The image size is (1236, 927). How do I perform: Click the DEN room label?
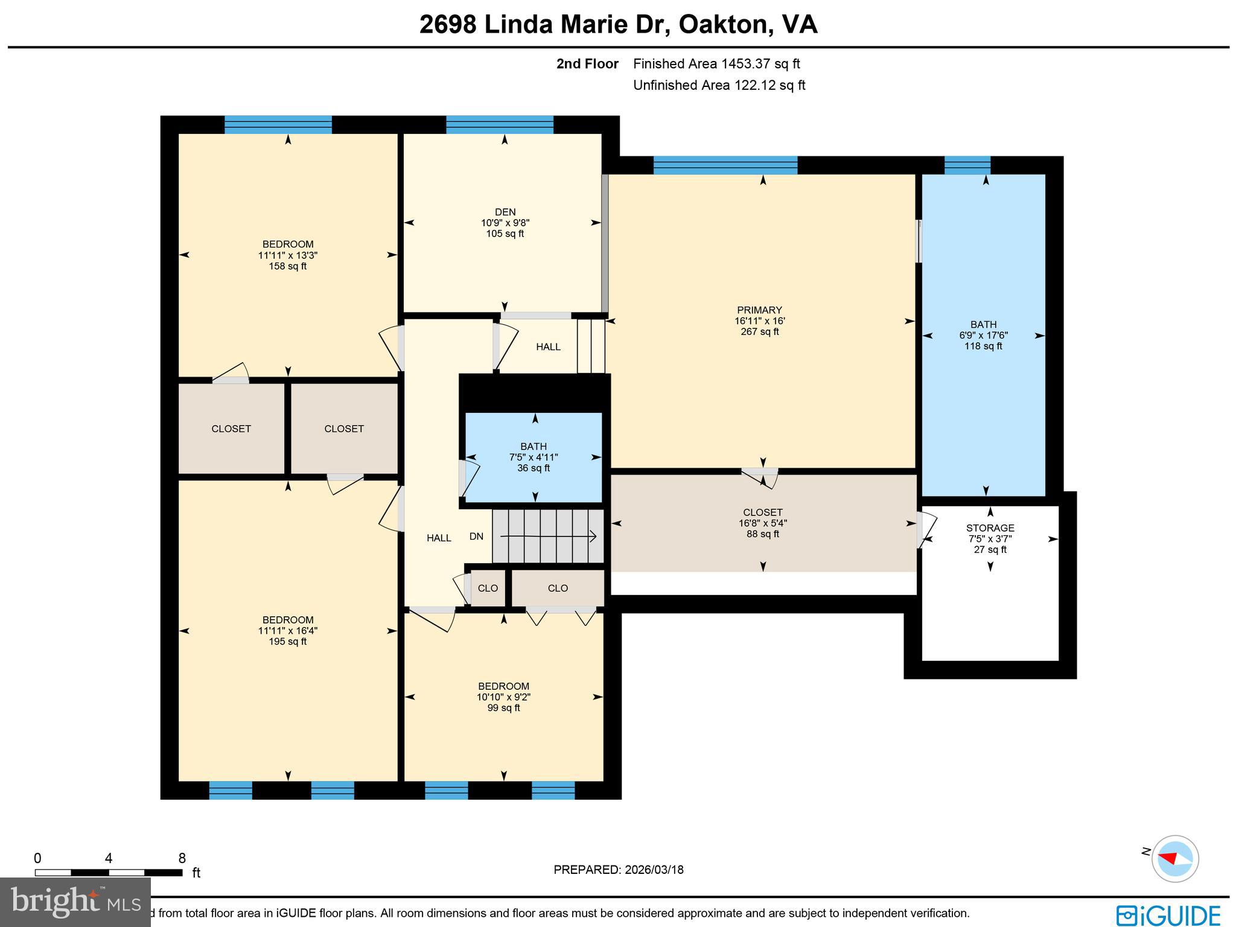tap(505, 212)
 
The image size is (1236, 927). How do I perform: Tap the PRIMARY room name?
tap(759, 310)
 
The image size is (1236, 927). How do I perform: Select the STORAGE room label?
tap(990, 528)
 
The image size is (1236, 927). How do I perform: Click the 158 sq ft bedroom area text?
tap(288, 266)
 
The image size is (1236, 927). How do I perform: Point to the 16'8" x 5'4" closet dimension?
tap(763, 523)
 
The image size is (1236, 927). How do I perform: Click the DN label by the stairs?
tap(476, 537)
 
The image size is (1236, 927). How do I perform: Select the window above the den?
tap(499, 125)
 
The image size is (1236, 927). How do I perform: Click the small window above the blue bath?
tap(967, 165)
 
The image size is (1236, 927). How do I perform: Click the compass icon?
tap(1174, 858)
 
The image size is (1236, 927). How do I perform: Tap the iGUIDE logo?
tap(1168, 915)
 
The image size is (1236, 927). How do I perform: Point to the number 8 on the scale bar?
tap(182, 858)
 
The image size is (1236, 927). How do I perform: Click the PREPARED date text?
tap(619, 870)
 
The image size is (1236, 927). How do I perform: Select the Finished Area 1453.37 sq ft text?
tap(716, 64)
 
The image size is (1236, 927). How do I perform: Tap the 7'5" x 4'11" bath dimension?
tap(534, 457)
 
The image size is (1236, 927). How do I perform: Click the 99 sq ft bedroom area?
tap(503, 708)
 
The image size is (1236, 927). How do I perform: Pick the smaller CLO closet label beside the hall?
tap(488, 588)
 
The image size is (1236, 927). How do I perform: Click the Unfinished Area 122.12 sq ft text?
tap(719, 85)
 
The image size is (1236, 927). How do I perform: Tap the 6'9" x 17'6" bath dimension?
tap(983, 336)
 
